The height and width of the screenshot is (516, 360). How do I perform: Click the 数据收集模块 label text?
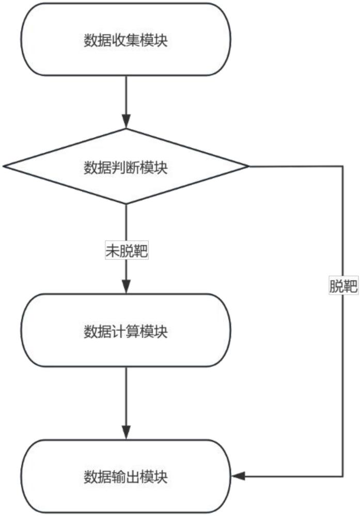(126, 41)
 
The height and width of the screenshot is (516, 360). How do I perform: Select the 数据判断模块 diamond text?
(126, 167)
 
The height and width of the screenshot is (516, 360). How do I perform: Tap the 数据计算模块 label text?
(126, 331)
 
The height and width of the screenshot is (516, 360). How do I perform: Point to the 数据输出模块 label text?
(126, 477)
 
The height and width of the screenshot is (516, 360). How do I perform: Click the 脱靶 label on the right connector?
(343, 287)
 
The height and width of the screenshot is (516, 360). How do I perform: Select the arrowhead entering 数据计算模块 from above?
(126, 287)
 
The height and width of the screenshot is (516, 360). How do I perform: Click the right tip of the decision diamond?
(248, 167)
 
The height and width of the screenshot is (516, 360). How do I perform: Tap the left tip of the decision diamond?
(4, 167)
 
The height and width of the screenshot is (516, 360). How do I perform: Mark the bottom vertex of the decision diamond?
(126, 204)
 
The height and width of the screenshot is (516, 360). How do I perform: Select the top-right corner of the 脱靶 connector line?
(343, 167)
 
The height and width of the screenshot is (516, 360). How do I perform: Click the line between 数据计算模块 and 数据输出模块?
(126, 397)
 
